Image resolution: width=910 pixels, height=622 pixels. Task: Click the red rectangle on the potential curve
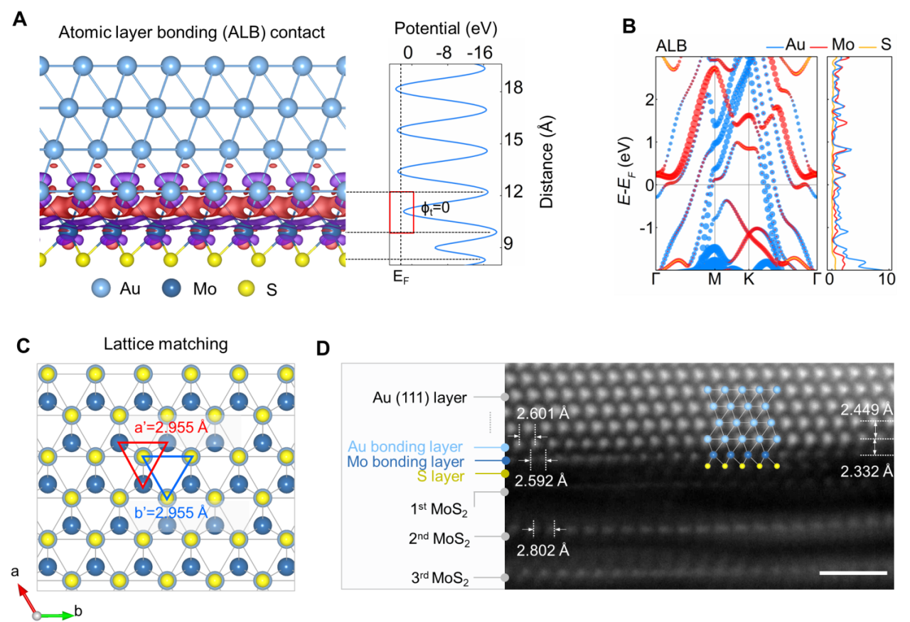coord(401,212)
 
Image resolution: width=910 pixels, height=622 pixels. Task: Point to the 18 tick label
coord(514,88)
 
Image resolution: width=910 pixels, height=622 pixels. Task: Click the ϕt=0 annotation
coord(436,208)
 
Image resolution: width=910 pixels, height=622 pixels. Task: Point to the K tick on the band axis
coord(749,279)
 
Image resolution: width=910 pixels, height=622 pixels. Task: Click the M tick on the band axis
coord(714,279)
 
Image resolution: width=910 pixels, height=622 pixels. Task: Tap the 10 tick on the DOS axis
coord(886,279)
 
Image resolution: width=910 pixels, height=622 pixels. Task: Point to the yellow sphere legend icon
coord(247,288)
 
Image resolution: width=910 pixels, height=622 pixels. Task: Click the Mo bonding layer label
coord(406,461)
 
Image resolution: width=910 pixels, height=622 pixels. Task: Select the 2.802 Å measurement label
coord(544,550)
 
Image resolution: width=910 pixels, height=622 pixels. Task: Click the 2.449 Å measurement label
coord(866,409)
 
